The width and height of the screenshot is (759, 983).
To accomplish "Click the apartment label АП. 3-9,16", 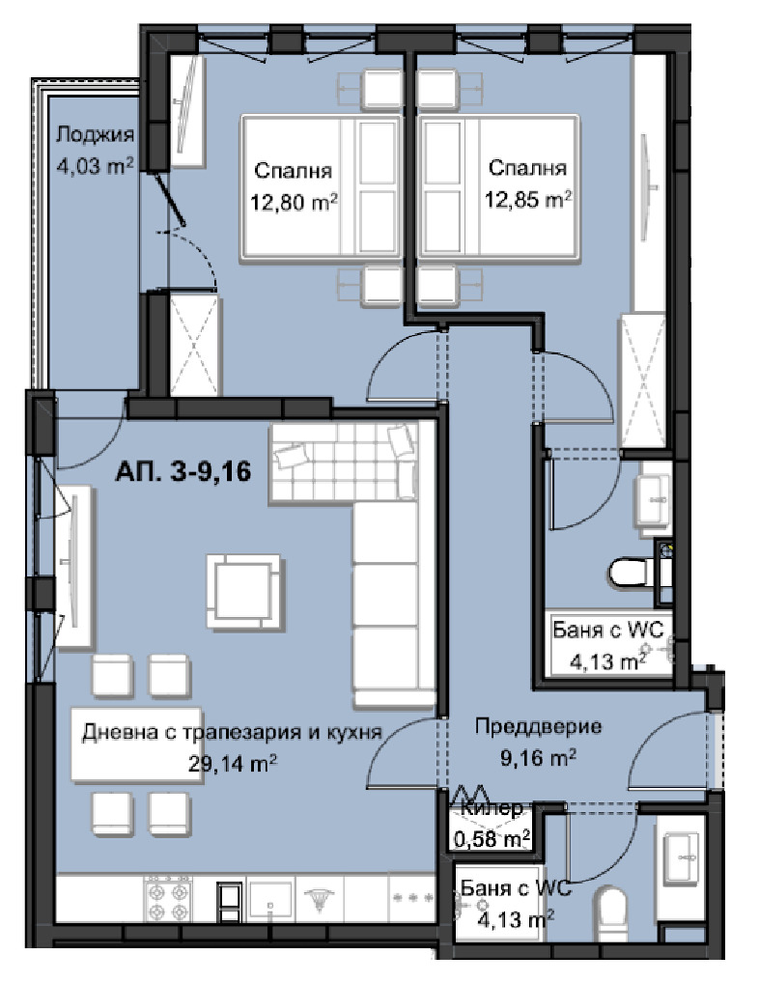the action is tap(183, 471).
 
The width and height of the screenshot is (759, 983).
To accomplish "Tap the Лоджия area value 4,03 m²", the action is tap(96, 165).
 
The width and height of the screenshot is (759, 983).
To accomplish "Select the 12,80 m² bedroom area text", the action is tap(294, 202).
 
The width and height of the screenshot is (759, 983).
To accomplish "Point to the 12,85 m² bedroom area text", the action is tap(528, 199).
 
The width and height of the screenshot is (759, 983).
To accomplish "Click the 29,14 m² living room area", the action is tap(233, 763).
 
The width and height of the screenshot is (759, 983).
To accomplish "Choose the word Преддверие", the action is tap(538, 726).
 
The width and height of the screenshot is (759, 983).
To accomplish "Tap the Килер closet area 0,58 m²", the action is tap(492, 838).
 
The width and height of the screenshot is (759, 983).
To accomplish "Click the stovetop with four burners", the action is tap(168, 899).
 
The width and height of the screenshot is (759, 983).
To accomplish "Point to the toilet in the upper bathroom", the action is tap(630, 572).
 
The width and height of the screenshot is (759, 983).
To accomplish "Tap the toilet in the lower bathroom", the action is tap(611, 913).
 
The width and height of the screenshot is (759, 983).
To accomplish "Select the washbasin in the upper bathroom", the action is tap(653, 499).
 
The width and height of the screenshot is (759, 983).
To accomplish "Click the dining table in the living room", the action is tap(136, 744).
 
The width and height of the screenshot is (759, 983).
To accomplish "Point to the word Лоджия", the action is tap(96, 134).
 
